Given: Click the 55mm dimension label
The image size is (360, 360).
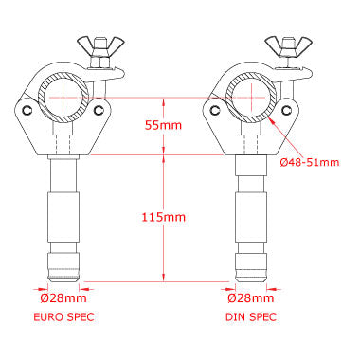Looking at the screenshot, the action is pyautogui.click(x=163, y=125).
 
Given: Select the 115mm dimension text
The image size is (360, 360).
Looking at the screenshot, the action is pyautogui.click(x=163, y=217).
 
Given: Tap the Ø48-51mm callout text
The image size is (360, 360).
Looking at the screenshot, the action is pyautogui.click(x=310, y=162).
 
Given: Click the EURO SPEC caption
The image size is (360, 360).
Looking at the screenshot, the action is pyautogui.click(x=63, y=316).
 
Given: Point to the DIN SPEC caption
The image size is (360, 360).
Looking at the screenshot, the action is pyautogui.click(x=251, y=316).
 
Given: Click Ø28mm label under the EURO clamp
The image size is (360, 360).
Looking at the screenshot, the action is pyautogui.click(x=63, y=298).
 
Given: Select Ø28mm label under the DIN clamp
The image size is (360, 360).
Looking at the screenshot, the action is pyautogui.click(x=251, y=298).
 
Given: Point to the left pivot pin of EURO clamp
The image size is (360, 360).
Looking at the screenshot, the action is pyautogui.click(x=27, y=110).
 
